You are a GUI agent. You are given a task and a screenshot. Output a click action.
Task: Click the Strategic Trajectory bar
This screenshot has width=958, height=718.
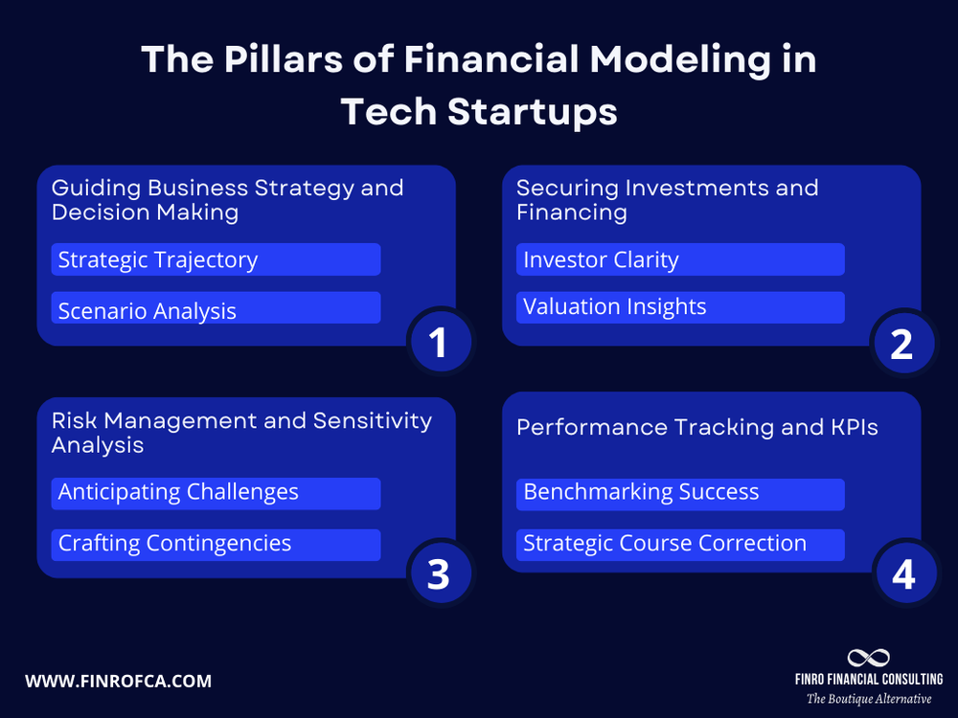(216, 259)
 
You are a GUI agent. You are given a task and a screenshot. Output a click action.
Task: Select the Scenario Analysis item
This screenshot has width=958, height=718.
(216, 309)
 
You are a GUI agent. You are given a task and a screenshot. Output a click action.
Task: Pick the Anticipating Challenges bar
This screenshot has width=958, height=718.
(216, 493)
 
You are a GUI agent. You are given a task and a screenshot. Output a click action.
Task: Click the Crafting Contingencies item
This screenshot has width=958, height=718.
(216, 544)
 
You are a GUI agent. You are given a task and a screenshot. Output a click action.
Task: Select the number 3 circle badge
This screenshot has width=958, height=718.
(439, 574)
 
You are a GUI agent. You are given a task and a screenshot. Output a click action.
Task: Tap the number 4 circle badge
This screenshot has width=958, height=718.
(902, 574)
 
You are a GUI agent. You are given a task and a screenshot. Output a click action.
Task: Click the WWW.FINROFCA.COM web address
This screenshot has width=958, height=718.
(118, 682)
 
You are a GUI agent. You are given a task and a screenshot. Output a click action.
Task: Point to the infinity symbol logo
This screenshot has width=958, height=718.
(868, 658)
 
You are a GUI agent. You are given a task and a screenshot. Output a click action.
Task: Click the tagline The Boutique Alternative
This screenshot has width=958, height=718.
(868, 699)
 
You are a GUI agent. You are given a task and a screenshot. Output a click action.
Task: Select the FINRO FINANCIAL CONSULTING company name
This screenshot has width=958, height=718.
(868, 680)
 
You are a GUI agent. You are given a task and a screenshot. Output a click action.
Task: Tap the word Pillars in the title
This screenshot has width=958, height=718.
(268, 60)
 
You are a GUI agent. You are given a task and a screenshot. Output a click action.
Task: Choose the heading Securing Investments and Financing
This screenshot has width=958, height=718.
(668, 199)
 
